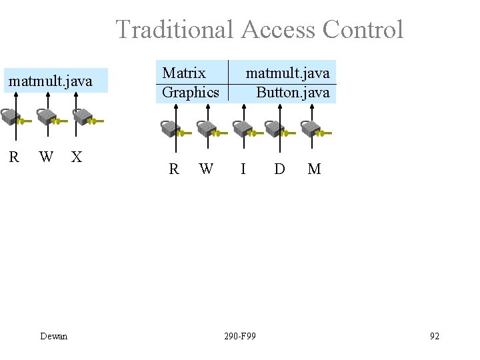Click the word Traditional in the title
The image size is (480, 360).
pyautogui.click(x=175, y=29)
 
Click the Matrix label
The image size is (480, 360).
pyautogui.click(x=184, y=72)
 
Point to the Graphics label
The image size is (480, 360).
pyautogui.click(x=190, y=92)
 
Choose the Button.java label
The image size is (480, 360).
pyautogui.click(x=293, y=92)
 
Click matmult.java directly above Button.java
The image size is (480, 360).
pyautogui.click(x=287, y=72)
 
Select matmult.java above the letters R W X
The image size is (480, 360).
pyautogui.click(x=49, y=82)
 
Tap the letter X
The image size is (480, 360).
pyautogui.click(x=77, y=157)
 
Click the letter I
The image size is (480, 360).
pyautogui.click(x=243, y=169)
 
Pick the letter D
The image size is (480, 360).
pyautogui.click(x=279, y=169)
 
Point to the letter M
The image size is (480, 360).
pyautogui.click(x=314, y=169)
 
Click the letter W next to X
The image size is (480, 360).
pyautogui.click(x=46, y=157)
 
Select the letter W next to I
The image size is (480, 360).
pyautogui.click(x=206, y=169)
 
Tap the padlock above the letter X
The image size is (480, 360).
pyautogui.click(x=81, y=117)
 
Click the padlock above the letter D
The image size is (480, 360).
pyautogui.click(x=275, y=129)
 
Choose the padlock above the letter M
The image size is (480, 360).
pyautogui.click(x=309, y=129)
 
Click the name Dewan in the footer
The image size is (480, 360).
pyautogui.click(x=53, y=336)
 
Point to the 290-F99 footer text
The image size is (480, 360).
pyautogui.click(x=240, y=336)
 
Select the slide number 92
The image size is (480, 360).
pyautogui.click(x=435, y=336)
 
